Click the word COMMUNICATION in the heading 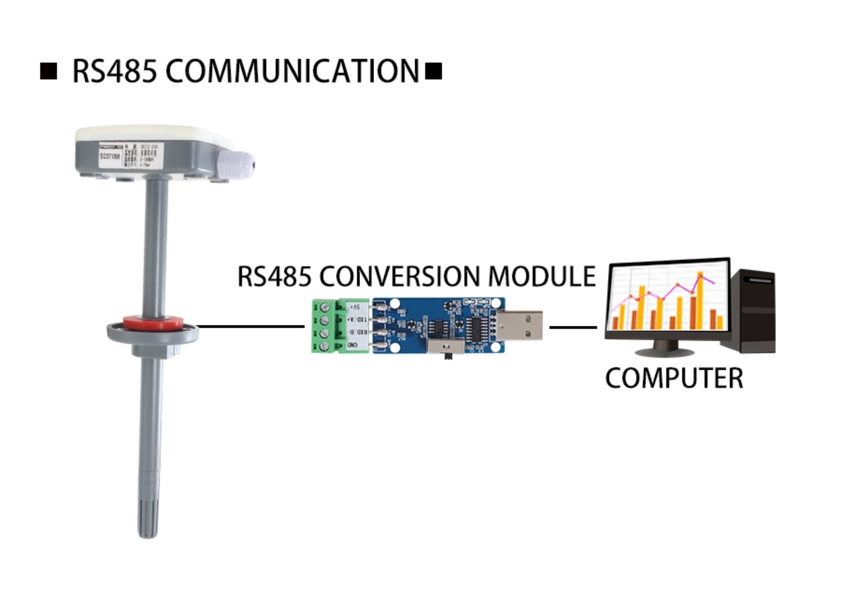pyautogui.click(x=290, y=71)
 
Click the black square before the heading pyautogui.click(x=49, y=71)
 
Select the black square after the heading pyautogui.click(x=433, y=71)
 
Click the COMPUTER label pyautogui.click(x=674, y=378)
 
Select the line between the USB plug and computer pyautogui.click(x=572, y=327)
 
